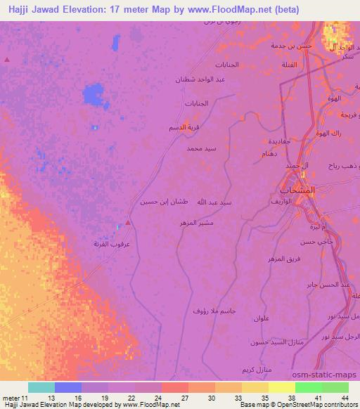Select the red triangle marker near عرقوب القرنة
point(128,222)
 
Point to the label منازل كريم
point(256,370)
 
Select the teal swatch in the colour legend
point(41,387)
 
